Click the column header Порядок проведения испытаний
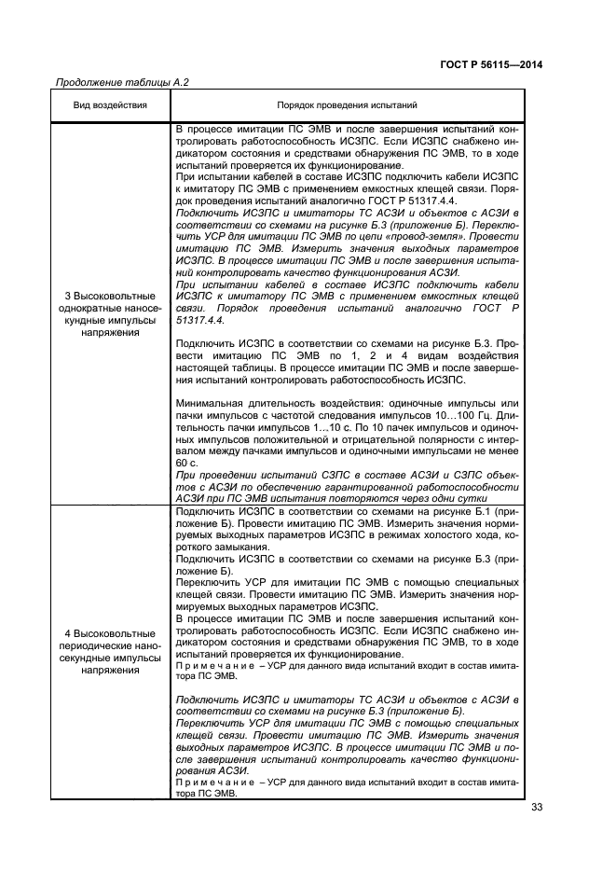[347, 105]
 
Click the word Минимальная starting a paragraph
[204, 403]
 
